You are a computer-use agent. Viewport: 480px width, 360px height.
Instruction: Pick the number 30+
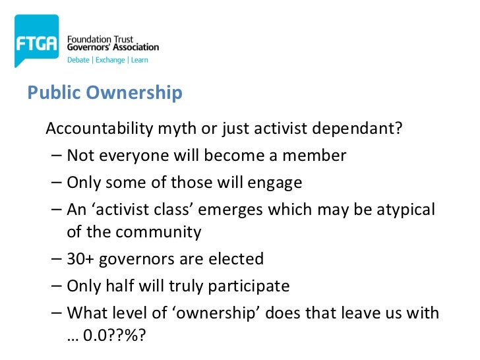(82, 258)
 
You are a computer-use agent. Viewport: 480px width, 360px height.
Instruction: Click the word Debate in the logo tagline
(80, 60)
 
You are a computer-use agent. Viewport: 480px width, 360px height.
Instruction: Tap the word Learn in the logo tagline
(139, 60)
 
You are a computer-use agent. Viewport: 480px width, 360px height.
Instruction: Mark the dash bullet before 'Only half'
(57, 286)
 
